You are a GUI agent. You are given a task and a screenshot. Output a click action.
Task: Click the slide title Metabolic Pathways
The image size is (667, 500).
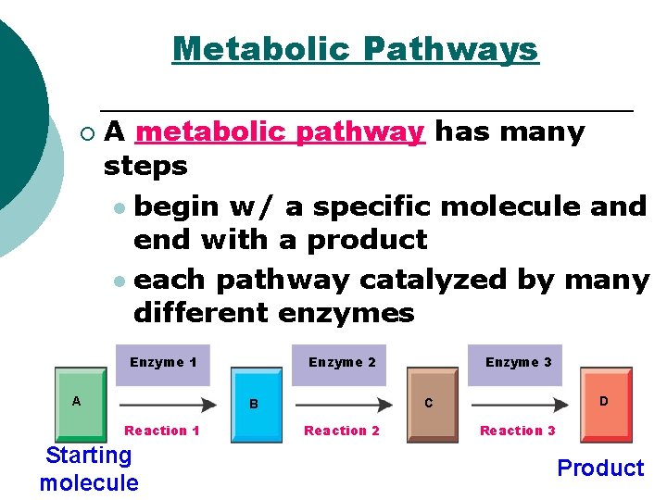[355, 48]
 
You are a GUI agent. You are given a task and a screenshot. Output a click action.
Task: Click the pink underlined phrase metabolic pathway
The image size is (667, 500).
[280, 132]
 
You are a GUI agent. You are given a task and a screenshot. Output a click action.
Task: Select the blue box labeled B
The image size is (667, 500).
[257, 406]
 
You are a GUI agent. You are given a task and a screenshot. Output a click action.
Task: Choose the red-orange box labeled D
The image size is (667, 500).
[606, 403]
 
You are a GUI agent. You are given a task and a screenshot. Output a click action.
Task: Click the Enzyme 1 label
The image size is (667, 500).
[163, 362]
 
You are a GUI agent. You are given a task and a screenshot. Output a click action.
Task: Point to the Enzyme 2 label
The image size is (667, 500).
[342, 362]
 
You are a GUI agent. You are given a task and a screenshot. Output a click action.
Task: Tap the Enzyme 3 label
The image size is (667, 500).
[518, 362]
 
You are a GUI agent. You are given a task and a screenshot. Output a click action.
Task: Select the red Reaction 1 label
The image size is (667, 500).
[162, 431]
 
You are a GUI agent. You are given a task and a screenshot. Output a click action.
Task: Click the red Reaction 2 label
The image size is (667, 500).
[342, 431]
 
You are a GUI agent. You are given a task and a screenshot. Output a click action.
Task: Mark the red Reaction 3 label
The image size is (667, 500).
[518, 431]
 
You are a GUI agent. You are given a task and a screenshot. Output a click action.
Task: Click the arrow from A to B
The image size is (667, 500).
[168, 405]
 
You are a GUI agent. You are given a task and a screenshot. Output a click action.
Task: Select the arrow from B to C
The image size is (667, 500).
[344, 405]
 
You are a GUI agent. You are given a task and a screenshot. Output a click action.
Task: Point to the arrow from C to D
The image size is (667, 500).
[520, 405]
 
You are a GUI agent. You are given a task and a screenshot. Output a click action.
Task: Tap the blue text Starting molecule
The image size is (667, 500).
[89, 469]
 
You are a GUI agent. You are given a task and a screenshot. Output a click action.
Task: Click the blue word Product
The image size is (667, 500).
[600, 469]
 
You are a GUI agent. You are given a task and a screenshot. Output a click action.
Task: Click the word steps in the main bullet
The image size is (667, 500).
[145, 167]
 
